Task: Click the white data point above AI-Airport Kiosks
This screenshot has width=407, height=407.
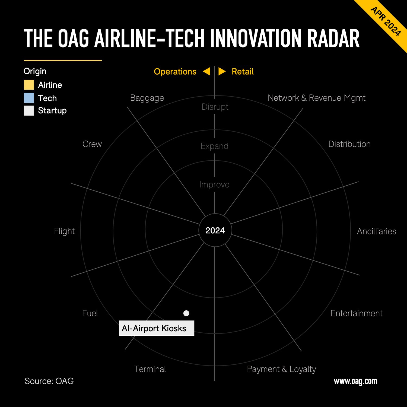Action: coord(186,313)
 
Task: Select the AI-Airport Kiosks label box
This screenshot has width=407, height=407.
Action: coord(157,328)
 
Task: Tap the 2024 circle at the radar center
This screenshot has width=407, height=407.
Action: coord(215,230)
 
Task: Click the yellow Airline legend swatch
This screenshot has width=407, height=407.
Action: coord(29,85)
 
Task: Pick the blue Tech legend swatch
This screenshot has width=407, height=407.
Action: coord(29,98)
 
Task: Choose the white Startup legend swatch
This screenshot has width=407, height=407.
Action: coord(29,110)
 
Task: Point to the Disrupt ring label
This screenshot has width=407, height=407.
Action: coord(215,107)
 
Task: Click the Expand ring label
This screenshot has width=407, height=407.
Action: coord(214,146)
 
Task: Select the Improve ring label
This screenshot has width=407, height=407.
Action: coord(214,185)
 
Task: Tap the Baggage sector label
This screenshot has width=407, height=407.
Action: coord(147,98)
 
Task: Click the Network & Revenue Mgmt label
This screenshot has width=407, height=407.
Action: coord(316,98)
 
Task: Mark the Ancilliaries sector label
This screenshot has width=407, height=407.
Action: coord(376,231)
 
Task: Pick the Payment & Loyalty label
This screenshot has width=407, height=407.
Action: coord(281,369)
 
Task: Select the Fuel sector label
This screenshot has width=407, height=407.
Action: coord(90,313)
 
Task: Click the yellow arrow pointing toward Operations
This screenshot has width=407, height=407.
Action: coord(207,71)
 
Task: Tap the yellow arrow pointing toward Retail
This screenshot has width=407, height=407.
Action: coord(222,71)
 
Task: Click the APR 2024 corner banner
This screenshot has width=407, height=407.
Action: coord(386,21)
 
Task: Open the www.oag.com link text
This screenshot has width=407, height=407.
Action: coord(355,381)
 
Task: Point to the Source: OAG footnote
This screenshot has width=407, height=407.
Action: coord(49,381)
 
